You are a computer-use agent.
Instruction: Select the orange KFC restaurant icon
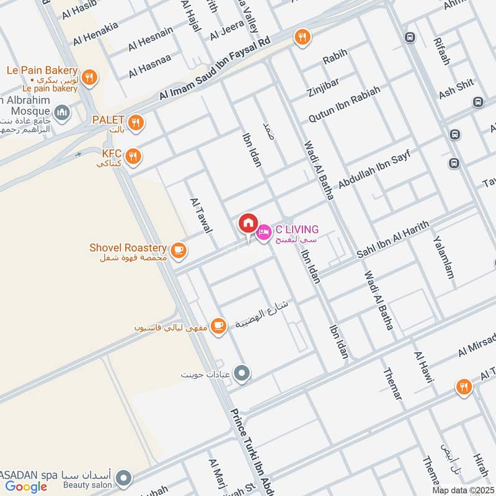132,157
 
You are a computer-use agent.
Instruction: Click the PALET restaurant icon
136,122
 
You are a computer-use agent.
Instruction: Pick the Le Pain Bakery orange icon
90,77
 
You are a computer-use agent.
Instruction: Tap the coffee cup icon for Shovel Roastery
179,250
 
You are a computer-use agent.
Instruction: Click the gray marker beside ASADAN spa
125,478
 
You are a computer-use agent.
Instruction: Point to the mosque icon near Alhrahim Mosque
61,112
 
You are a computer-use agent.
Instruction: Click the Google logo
26,486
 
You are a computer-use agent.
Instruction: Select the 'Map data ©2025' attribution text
463,490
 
